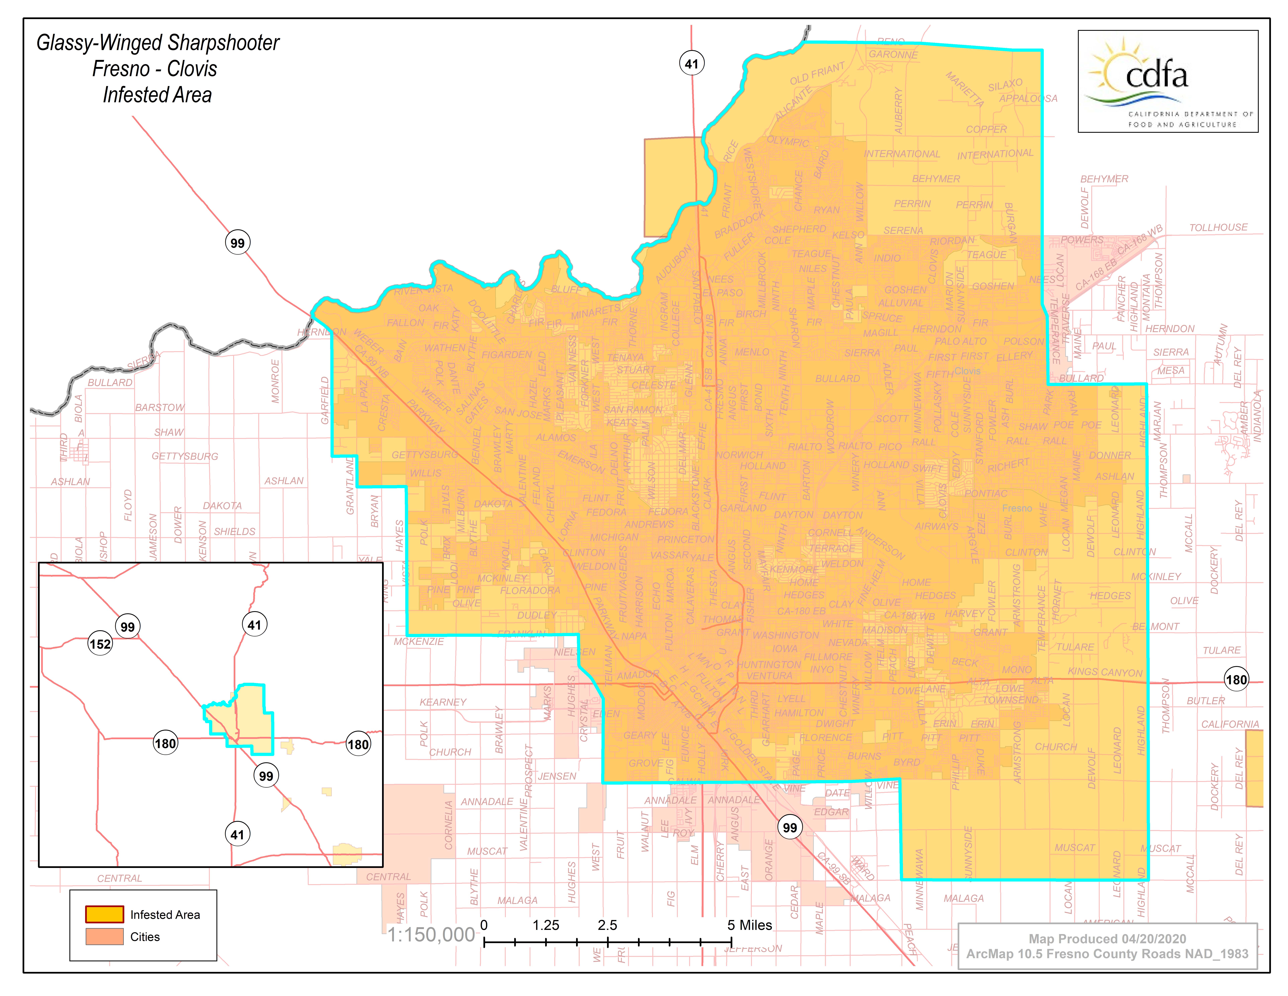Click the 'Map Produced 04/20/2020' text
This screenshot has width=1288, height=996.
pos(1107,938)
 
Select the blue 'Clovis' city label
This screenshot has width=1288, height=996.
pos(967,371)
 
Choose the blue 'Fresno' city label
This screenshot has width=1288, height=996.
pos(1017,508)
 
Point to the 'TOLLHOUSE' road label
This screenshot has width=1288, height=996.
pos(1218,228)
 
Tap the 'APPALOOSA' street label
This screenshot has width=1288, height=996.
pos(1028,99)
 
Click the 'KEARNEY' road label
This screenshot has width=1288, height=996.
pos(443,702)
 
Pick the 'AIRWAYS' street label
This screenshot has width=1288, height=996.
pos(937,526)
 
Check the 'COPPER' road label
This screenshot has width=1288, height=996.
pos(986,129)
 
